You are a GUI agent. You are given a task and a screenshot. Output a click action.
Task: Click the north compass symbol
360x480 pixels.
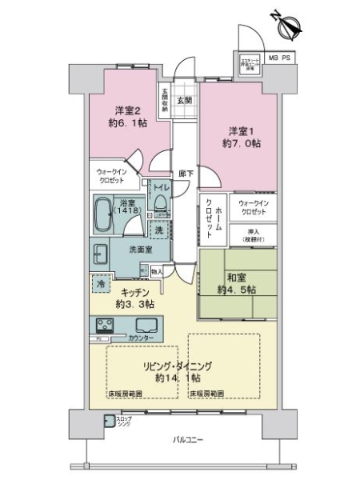pos(286,23)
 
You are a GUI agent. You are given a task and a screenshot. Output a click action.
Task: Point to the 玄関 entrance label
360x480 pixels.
pos(184,100)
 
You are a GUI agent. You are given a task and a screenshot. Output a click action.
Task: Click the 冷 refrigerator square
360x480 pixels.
pos(102,283)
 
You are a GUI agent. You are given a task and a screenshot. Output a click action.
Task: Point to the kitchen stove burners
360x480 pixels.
pos(105,325)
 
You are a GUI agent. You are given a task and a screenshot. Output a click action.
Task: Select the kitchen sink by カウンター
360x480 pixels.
pos(148,325)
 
